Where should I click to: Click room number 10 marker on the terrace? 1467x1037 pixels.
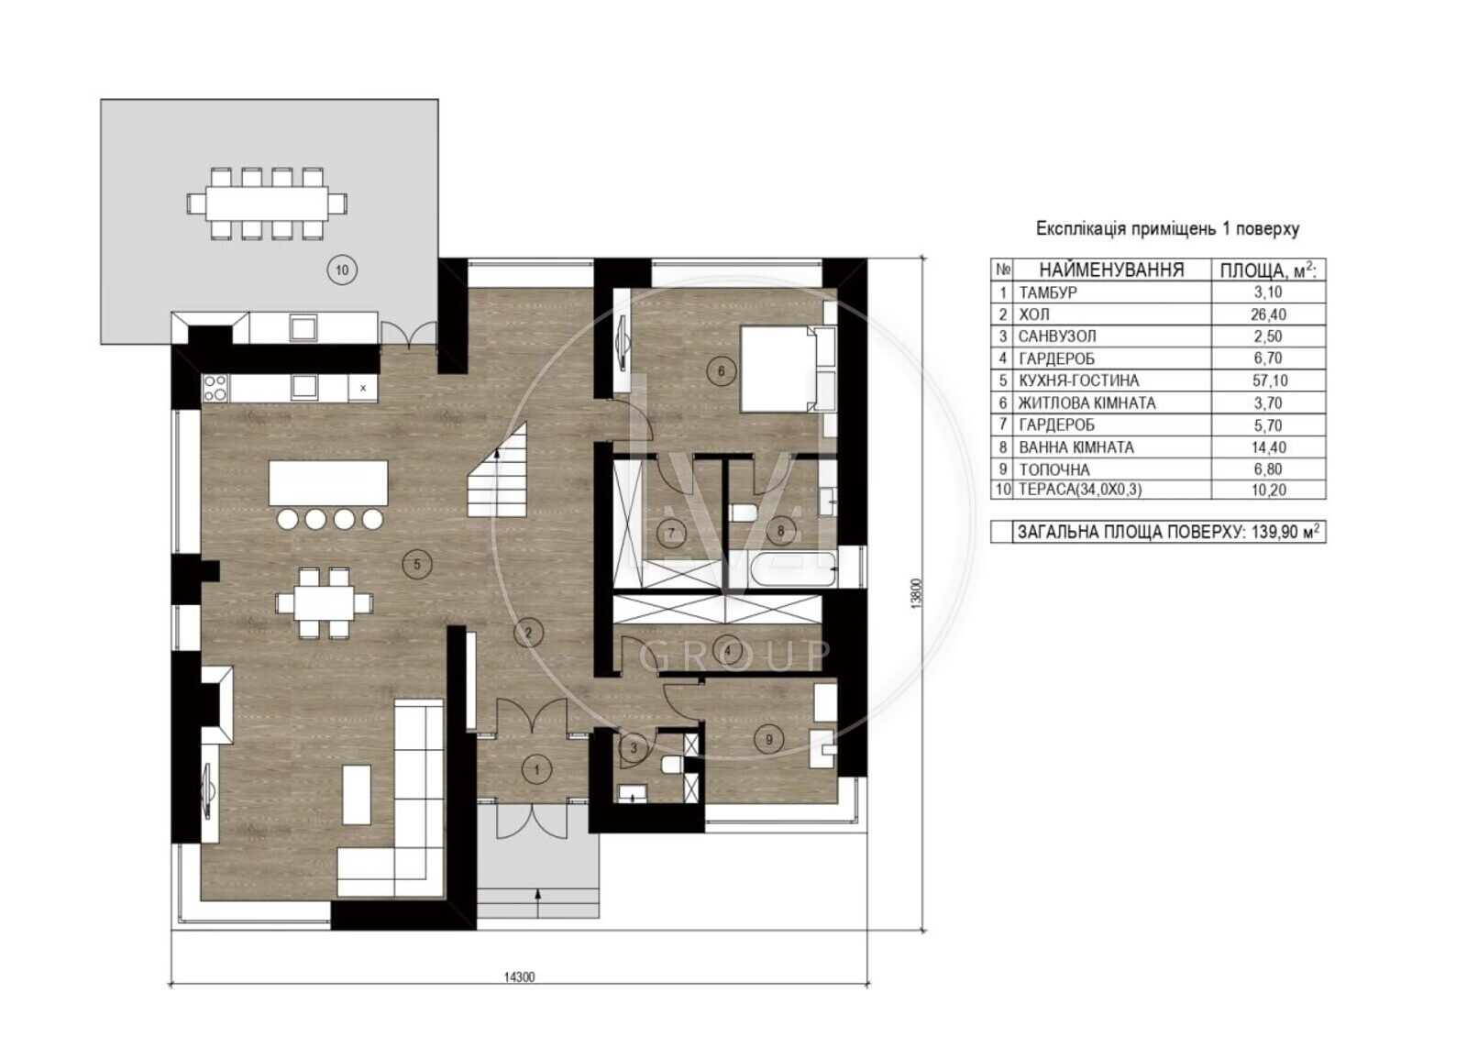click(x=342, y=270)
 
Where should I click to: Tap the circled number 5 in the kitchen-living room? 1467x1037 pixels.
click(x=417, y=564)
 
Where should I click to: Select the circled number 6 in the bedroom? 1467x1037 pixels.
click(x=721, y=371)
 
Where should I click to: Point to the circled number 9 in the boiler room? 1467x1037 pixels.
click(x=769, y=740)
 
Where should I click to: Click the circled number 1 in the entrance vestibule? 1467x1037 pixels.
click(x=537, y=769)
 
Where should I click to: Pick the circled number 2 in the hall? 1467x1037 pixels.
click(x=528, y=632)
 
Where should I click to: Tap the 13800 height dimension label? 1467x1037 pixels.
click(x=917, y=593)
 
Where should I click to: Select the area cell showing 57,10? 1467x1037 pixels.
click(x=1268, y=381)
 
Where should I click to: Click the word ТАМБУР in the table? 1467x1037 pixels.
click(x=1048, y=292)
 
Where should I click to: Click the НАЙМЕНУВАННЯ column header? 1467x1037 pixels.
click(x=1111, y=270)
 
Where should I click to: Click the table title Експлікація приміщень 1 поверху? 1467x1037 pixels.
click(x=1167, y=228)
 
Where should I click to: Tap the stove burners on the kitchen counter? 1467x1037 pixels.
click(x=215, y=387)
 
